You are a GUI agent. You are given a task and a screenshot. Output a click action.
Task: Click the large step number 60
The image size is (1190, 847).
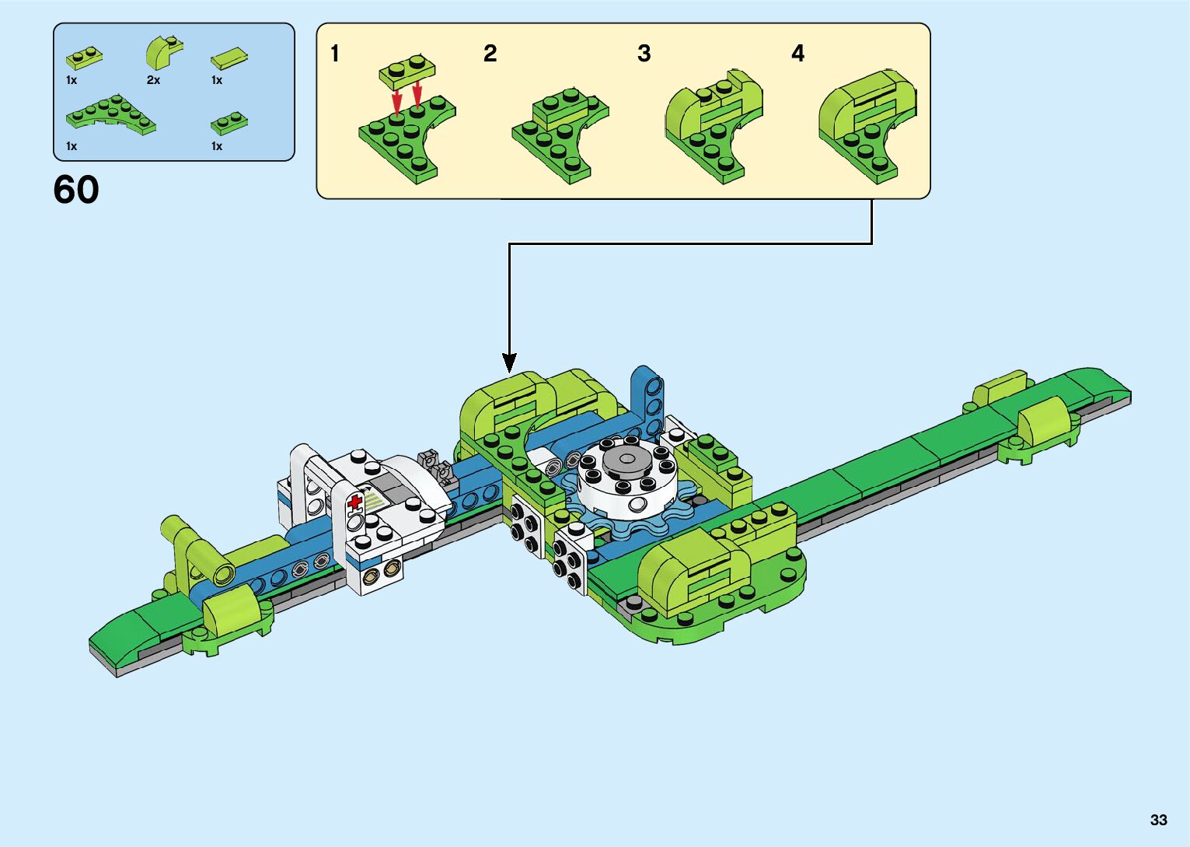(x=76, y=190)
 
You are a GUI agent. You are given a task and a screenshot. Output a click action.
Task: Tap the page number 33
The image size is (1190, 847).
(x=1158, y=820)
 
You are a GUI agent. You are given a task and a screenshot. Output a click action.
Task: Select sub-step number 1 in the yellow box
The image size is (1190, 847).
(x=335, y=54)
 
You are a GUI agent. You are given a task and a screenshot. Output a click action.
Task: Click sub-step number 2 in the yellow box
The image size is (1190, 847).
(x=490, y=54)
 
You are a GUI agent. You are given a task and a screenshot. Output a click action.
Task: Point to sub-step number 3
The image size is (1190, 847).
(x=644, y=54)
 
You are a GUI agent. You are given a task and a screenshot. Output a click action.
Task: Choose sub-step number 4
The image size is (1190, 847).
(x=797, y=54)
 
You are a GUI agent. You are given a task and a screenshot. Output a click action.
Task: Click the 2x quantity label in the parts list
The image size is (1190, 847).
(x=153, y=80)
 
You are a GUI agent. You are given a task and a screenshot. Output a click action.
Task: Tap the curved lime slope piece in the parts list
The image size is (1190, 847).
(x=163, y=53)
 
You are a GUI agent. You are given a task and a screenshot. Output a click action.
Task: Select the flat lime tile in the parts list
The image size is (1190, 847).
(x=229, y=58)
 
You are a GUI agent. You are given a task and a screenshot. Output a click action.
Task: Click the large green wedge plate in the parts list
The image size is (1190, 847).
(x=110, y=115)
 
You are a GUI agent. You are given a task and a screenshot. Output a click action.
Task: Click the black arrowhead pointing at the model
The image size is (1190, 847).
(x=509, y=362)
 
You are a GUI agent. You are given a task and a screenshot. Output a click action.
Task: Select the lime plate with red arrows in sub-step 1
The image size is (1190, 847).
(x=407, y=72)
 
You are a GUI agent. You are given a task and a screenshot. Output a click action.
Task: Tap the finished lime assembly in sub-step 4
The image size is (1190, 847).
(x=867, y=124)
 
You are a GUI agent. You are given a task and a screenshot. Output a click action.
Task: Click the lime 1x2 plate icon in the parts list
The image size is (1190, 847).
(x=84, y=58)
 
